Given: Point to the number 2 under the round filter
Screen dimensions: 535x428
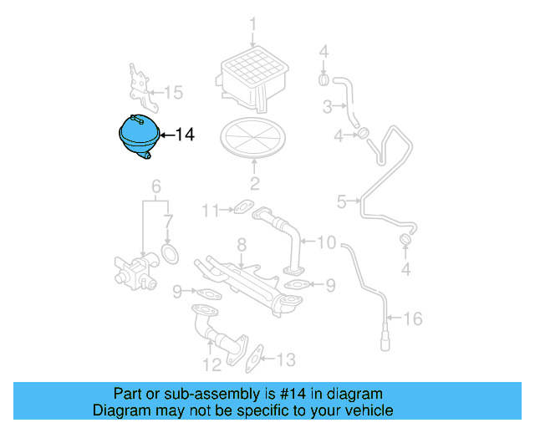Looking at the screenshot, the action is coord(254,184).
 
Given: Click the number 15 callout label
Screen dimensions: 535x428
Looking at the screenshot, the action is coord(172,92).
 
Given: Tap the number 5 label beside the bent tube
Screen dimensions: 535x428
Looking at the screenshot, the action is coord(341,201).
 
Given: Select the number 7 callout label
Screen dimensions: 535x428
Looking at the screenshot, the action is coord(168,222).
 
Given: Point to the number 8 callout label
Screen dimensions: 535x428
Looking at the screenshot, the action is coord(241,245).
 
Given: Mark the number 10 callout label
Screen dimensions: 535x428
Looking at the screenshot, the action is coord(326,242).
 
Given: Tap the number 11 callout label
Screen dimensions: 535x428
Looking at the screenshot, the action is coord(213,209).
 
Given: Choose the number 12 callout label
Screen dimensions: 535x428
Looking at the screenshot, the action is coord(211,364).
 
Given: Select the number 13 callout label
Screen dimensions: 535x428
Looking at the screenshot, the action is coord(286,360).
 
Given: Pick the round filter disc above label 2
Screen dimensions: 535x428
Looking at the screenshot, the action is coord(254,137).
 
